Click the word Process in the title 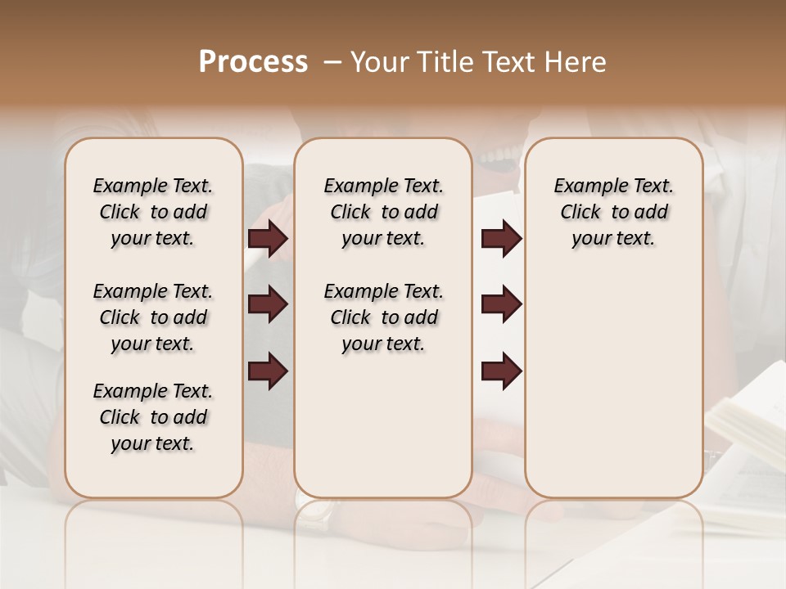coord(253,62)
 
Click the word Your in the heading coord(380,62)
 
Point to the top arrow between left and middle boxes coord(268,239)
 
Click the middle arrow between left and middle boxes coord(268,305)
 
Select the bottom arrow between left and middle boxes coord(268,371)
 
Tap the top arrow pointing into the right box coord(501,239)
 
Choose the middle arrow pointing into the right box coord(501,305)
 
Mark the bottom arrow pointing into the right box coord(501,371)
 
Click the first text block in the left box coord(153,212)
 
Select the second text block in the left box coord(153,317)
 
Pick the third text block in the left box coord(153,417)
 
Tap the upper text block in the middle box coord(383,212)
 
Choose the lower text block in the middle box coord(383,317)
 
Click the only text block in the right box coord(613,212)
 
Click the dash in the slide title coord(332,63)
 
